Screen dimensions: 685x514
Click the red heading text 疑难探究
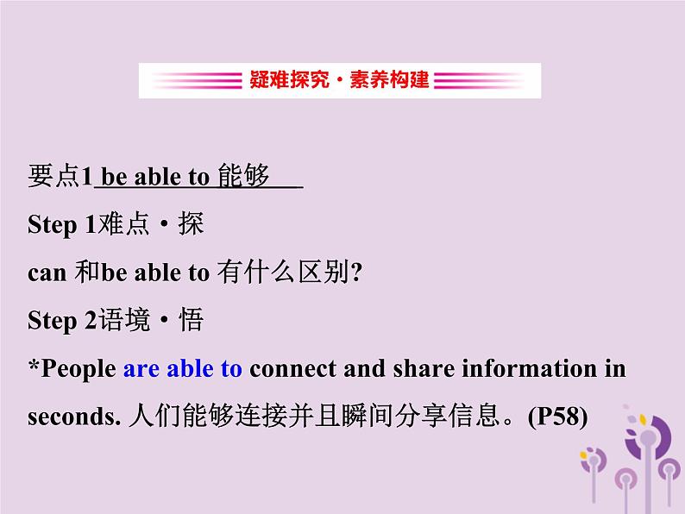click(289, 80)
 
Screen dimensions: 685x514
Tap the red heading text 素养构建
click(389, 80)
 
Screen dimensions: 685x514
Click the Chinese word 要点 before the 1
click(53, 177)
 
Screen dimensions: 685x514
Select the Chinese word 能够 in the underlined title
click(244, 176)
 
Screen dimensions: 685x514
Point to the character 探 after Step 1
click(191, 224)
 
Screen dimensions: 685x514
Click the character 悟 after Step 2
click(191, 320)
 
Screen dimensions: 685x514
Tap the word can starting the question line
click(47, 273)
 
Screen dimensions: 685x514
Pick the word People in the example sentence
click(79, 369)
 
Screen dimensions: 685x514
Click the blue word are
click(141, 369)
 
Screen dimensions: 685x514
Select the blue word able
click(190, 368)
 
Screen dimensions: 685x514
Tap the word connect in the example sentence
click(292, 369)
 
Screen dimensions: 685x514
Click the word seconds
click(74, 417)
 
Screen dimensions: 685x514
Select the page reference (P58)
click(557, 417)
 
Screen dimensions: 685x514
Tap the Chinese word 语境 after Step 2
click(124, 320)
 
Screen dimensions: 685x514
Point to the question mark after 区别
click(356, 273)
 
